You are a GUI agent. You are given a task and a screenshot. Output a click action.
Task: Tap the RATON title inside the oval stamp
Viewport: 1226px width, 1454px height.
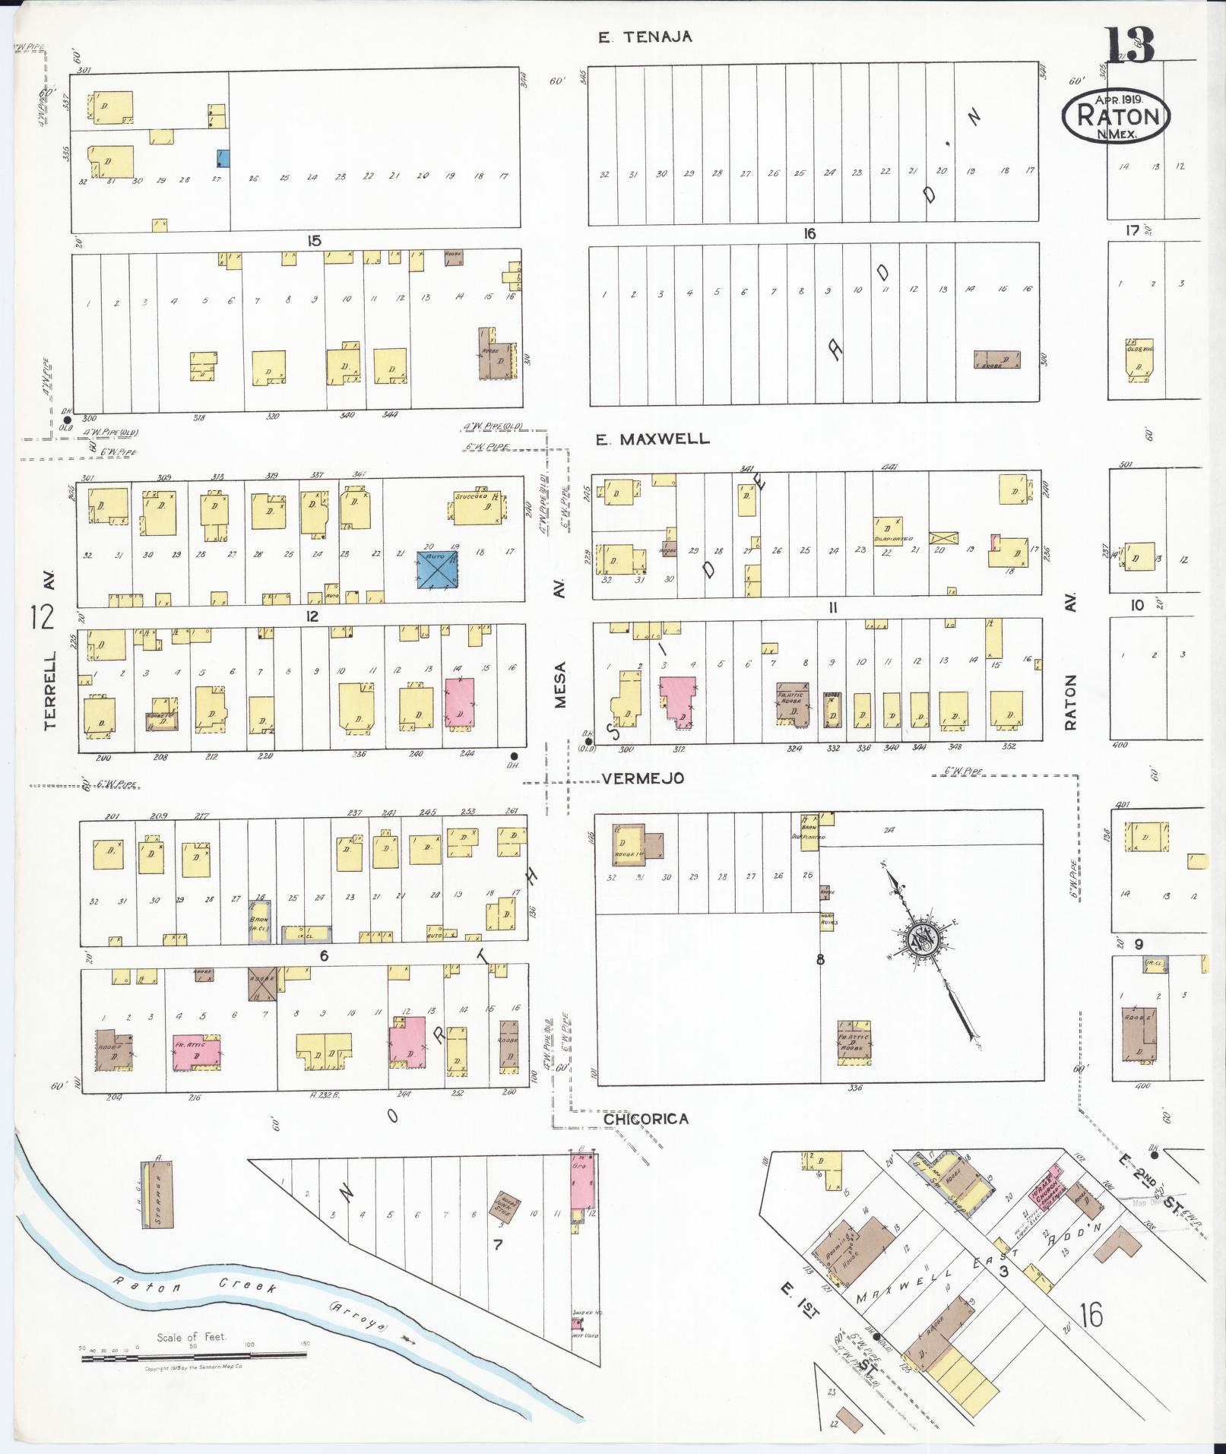1115,117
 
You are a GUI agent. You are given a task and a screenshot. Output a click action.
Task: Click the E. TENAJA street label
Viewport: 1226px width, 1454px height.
645,36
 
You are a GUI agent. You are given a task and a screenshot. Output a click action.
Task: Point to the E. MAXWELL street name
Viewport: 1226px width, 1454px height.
653,439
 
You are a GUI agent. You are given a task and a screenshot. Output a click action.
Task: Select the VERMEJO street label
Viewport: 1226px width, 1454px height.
643,778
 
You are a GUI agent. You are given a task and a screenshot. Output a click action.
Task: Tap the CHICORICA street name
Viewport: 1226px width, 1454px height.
646,1119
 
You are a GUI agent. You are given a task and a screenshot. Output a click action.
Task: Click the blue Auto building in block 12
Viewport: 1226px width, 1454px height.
437,569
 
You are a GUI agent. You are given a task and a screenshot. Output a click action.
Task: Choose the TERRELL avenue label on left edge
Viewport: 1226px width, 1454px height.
50,689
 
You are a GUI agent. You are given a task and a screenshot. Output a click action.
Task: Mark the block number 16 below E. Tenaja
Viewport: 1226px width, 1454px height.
809,234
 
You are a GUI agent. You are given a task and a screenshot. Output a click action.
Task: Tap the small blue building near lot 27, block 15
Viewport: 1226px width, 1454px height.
223,158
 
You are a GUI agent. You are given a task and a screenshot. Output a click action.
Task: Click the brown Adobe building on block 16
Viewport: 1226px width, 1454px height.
996,360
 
